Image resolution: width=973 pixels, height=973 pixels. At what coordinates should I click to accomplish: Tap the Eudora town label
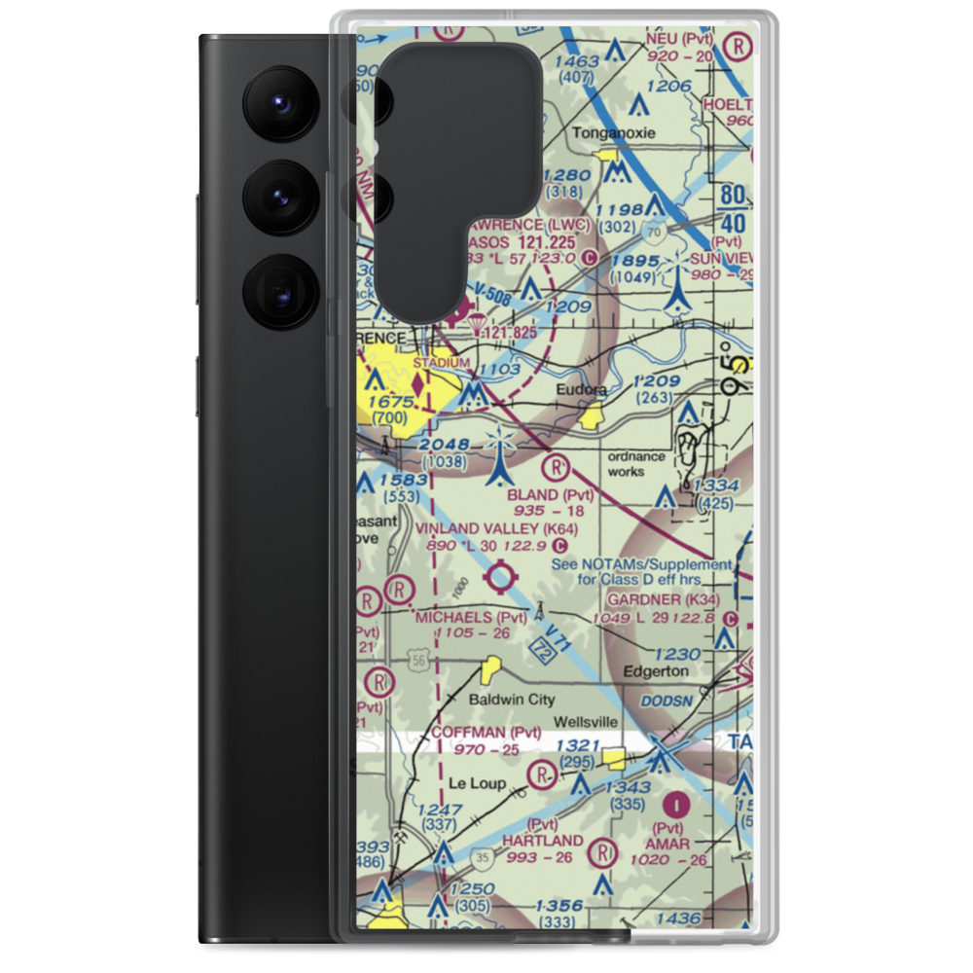point(582,390)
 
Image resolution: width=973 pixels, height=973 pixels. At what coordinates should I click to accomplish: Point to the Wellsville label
point(586,723)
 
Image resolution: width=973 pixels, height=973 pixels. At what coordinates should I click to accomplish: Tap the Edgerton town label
point(655,671)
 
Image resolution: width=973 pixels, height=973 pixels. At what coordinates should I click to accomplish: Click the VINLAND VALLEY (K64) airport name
point(496,528)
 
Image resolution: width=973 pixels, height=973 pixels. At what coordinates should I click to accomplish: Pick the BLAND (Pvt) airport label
point(550,495)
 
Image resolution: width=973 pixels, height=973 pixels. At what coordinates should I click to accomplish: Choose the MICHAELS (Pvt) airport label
point(470,618)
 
